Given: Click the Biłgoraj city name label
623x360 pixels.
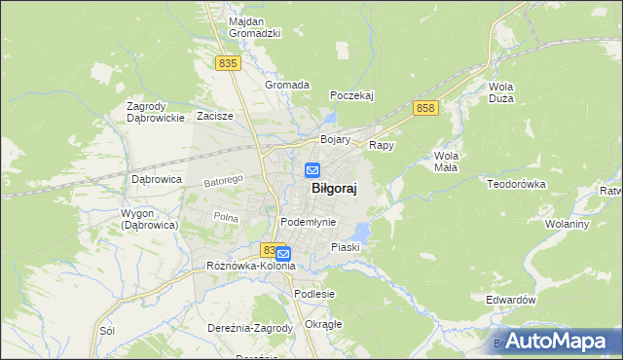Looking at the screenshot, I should (x=332, y=192).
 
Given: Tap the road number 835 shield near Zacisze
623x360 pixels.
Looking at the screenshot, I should (x=228, y=63).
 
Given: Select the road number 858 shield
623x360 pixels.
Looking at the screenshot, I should (x=423, y=108).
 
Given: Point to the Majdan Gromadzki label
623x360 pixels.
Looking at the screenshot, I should (x=254, y=27).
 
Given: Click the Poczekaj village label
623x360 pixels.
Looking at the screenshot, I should (x=351, y=95).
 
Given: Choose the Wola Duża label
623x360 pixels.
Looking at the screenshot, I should (x=501, y=92).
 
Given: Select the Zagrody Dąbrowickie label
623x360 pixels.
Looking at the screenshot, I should (x=156, y=112).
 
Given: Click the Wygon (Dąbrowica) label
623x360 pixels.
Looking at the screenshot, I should (x=148, y=219).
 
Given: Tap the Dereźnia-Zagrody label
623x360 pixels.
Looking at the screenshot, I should (x=250, y=328).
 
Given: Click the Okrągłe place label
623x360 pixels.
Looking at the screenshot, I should (x=323, y=324).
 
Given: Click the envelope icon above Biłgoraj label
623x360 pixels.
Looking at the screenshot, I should (x=312, y=170).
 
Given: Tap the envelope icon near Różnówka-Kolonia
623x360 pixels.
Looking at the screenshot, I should (x=282, y=254).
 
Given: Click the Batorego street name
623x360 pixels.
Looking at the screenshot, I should (x=222, y=181).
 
